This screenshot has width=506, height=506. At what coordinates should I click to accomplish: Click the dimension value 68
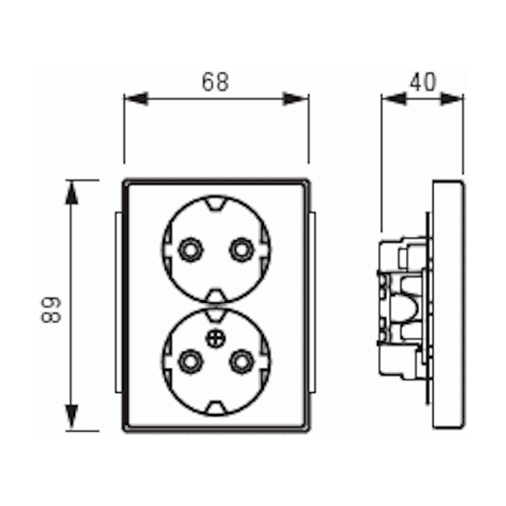216,83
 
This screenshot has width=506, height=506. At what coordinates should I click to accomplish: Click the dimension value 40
422,83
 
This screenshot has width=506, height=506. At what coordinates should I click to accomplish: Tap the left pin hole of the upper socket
190,250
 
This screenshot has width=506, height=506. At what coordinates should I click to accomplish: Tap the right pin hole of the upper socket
242,250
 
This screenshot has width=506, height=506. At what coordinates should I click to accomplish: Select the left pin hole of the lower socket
190,361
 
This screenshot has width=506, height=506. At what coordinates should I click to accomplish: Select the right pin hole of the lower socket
242,361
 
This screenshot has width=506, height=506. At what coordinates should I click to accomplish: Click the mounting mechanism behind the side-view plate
403,305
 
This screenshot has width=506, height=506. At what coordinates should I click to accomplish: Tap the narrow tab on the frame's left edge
117,305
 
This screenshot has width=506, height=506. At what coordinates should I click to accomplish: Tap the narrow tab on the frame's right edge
314,305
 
